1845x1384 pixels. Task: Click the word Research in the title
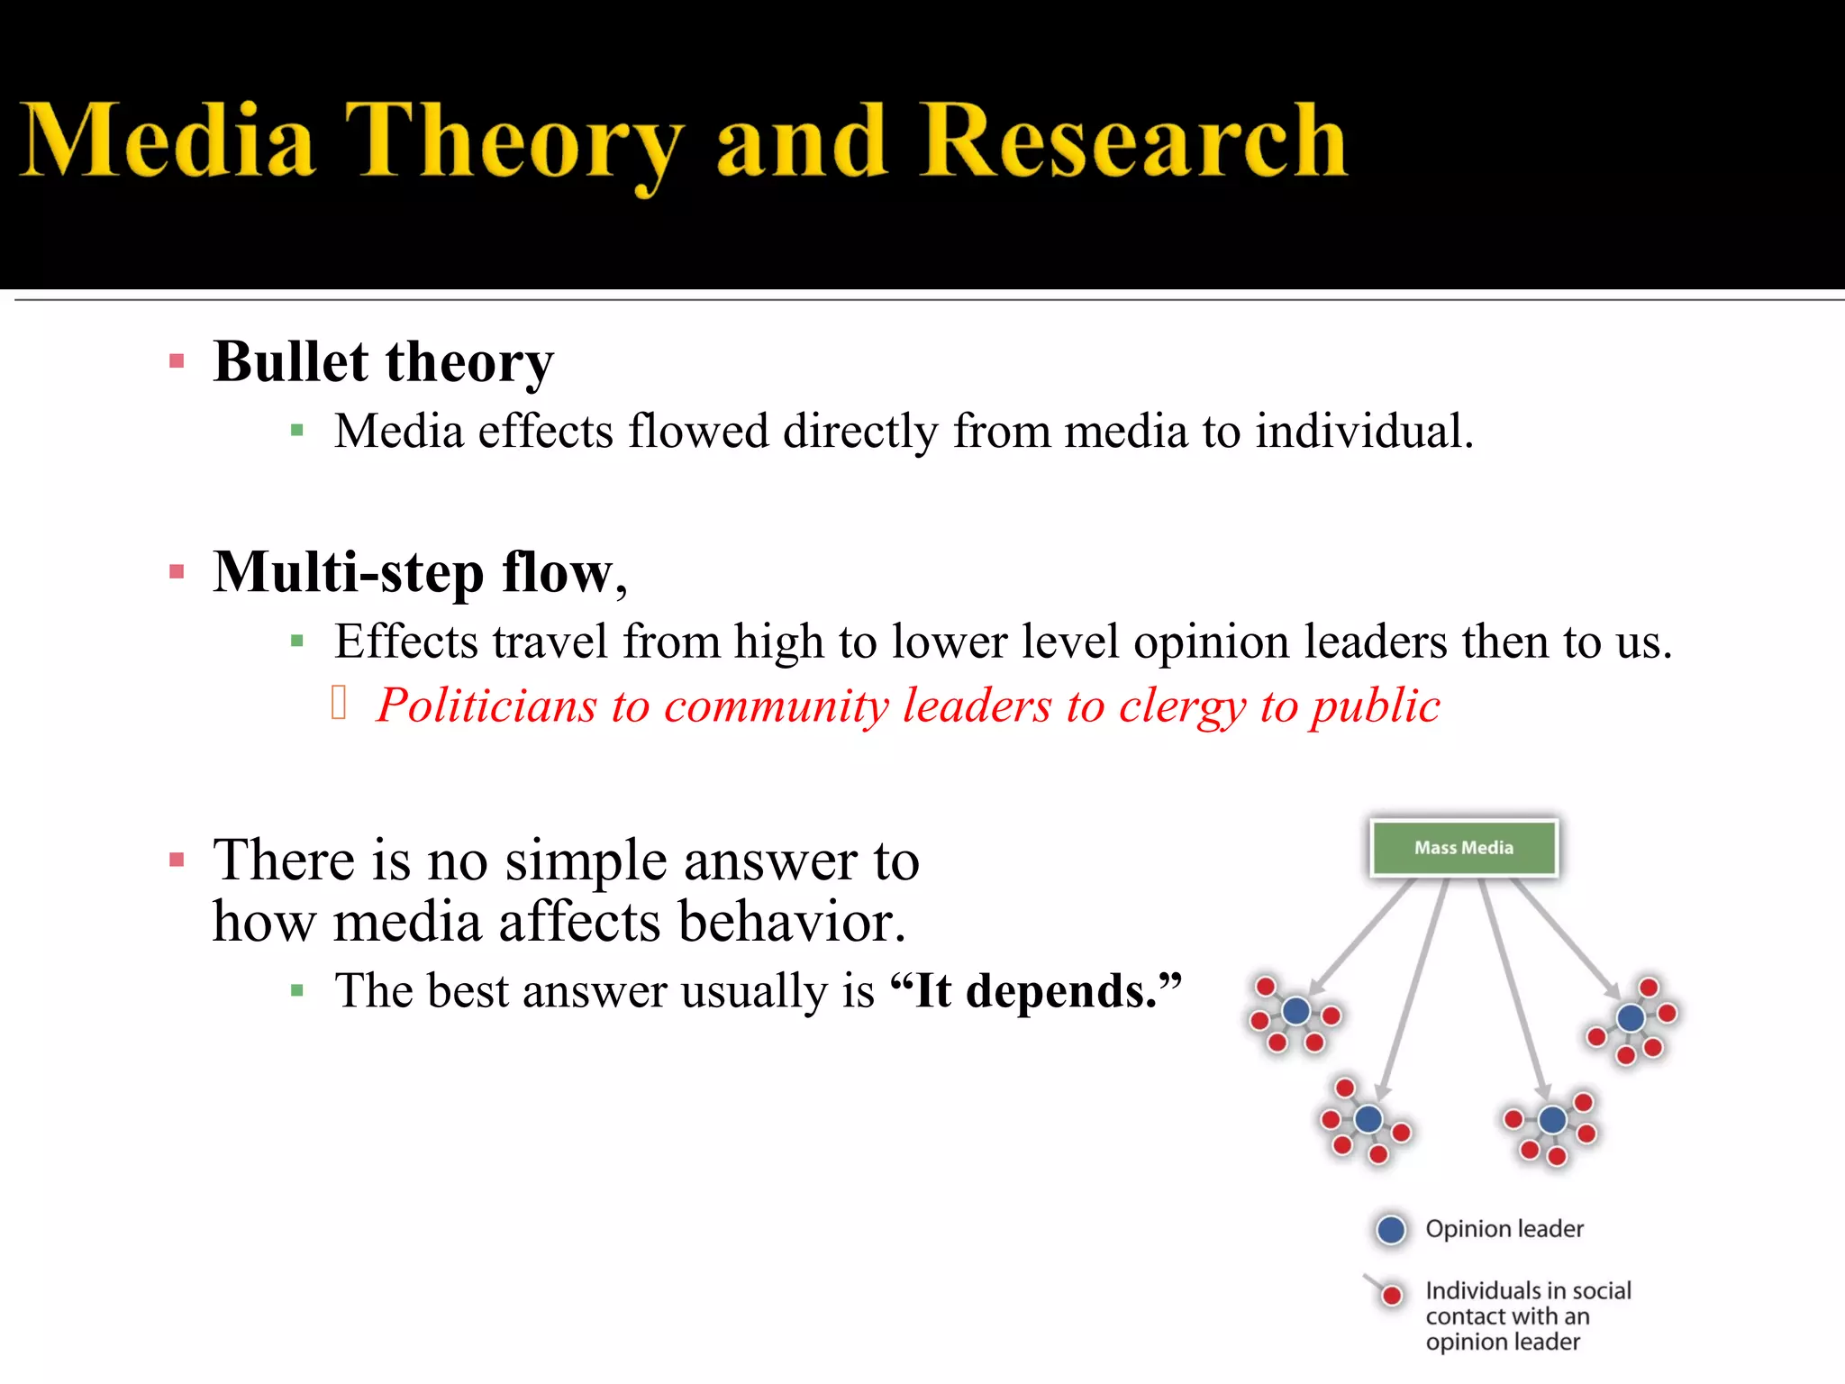[x=1133, y=142]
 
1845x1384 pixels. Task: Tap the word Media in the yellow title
[x=168, y=142]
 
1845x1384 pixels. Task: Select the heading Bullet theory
[x=383, y=362]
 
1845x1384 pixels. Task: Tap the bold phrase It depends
[x=1036, y=991]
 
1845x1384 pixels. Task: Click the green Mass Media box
[x=1464, y=848]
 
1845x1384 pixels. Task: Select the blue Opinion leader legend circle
[x=1392, y=1230]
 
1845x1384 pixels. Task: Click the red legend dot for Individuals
[x=1393, y=1296]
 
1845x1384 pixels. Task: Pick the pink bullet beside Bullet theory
[x=177, y=362]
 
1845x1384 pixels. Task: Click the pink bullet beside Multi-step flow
[x=177, y=572]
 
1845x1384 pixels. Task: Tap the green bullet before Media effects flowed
[x=297, y=432]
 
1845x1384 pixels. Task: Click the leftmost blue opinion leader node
[x=1296, y=1011]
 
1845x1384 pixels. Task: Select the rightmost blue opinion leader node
[x=1631, y=1018]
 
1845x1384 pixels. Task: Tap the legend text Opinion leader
[x=1504, y=1230]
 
